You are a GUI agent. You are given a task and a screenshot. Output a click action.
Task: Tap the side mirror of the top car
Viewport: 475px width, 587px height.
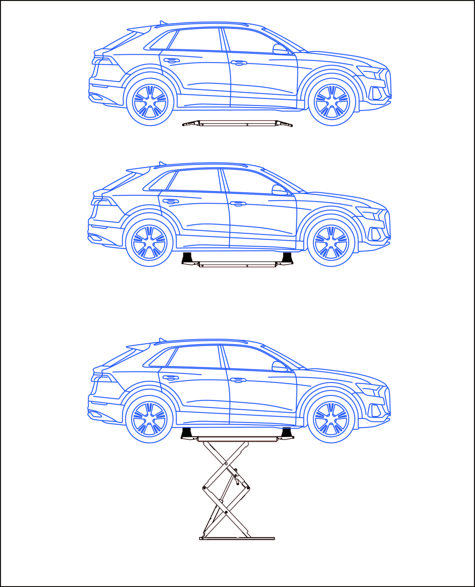pyautogui.click(x=280, y=49)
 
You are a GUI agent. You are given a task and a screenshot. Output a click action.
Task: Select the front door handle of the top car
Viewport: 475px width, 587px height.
pyautogui.click(x=239, y=63)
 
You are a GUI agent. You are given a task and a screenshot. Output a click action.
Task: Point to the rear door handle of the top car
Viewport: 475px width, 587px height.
pyautogui.click(x=171, y=60)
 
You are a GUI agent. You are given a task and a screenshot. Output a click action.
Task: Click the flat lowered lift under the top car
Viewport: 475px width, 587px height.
pyautogui.click(x=237, y=123)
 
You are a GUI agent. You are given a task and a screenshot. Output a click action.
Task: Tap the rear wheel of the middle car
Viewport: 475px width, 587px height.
pyautogui.click(x=149, y=243)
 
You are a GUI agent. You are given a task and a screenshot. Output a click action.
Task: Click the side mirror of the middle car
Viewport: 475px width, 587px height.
pyautogui.click(x=279, y=190)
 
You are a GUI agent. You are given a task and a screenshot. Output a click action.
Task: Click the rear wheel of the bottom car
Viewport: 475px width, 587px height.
pyautogui.click(x=149, y=419)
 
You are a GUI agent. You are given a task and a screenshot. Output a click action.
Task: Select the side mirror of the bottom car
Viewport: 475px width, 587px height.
pyautogui.click(x=279, y=366)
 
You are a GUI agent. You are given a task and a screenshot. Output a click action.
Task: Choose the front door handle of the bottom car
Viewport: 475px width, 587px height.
pyautogui.click(x=238, y=380)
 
